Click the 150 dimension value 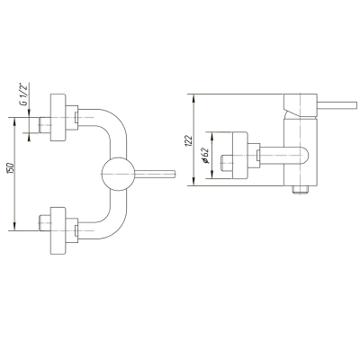click(10, 168)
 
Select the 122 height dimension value click(189, 140)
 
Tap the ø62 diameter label click(205, 156)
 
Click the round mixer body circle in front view click(118, 174)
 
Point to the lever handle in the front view click(155, 174)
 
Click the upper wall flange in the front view click(58, 117)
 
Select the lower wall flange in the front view click(58, 230)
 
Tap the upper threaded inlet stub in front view click(45, 125)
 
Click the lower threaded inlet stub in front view click(45, 222)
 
